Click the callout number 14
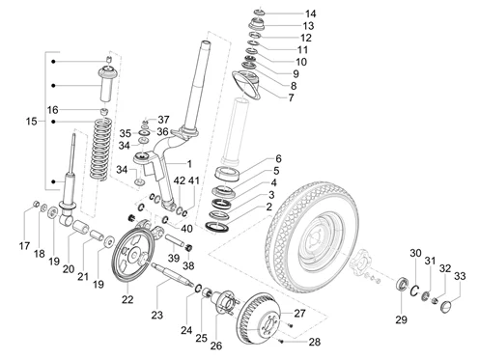(310, 14)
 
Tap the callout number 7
(291, 97)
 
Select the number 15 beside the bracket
(32, 122)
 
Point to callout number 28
(315, 342)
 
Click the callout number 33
(460, 276)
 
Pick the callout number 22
(127, 299)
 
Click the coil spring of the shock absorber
(100, 149)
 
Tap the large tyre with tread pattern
(312, 237)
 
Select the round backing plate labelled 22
(134, 256)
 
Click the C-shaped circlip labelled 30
(414, 291)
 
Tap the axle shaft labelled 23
(172, 275)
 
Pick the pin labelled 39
(174, 241)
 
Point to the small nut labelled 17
(37, 204)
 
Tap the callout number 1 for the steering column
(189, 164)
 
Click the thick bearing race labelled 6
(228, 174)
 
